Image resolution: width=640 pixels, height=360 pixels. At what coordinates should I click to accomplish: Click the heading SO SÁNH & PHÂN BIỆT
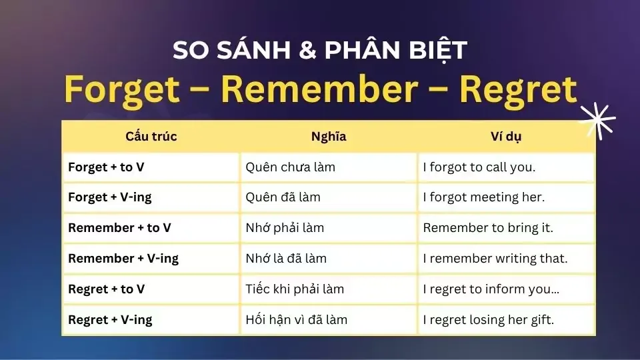point(320,51)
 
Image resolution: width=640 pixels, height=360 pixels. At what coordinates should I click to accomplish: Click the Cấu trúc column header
point(151,137)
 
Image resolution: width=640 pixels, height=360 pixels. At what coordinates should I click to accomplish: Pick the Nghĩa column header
point(329,137)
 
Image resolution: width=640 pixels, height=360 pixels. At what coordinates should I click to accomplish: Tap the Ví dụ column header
point(506,137)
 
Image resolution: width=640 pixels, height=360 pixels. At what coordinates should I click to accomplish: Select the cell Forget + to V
point(106,167)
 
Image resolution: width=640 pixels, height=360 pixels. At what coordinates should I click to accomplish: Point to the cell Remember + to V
point(119,228)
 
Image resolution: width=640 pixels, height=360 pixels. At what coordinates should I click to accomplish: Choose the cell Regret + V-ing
point(110,320)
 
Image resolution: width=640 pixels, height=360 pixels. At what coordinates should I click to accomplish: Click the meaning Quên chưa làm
point(290,167)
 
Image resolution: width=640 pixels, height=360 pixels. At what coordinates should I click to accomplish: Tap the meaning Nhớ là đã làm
point(286,259)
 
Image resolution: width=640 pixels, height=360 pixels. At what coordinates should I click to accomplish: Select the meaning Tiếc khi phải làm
point(295,289)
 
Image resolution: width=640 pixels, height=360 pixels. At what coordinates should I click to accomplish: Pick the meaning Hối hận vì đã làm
point(297,320)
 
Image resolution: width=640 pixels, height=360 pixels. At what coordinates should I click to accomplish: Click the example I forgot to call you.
point(479,167)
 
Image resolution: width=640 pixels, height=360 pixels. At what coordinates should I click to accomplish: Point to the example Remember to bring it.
point(488,228)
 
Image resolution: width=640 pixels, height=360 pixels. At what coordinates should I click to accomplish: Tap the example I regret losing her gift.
point(489,320)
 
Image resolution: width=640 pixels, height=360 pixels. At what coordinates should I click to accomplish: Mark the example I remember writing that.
point(495,259)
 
